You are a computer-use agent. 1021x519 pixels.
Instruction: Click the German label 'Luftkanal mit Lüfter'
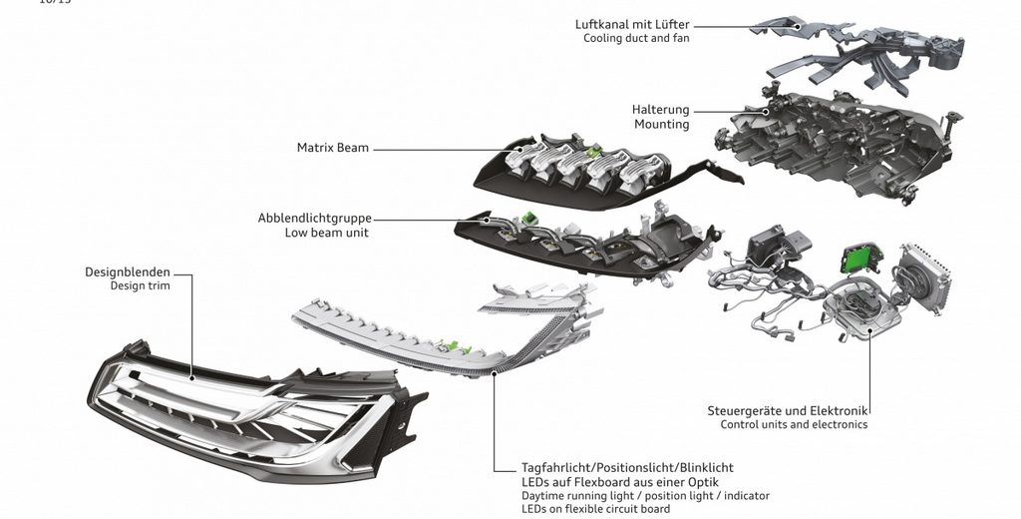[x=632, y=24]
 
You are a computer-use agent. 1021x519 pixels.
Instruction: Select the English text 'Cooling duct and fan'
[x=636, y=39]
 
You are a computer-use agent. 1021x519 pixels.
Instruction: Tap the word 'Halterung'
[x=660, y=110]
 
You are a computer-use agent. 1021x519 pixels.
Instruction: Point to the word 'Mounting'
[x=662, y=125]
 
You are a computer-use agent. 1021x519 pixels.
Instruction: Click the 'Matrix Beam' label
[x=333, y=148]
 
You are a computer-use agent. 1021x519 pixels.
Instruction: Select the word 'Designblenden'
[x=128, y=270]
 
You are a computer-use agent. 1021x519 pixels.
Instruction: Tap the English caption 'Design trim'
[x=141, y=285]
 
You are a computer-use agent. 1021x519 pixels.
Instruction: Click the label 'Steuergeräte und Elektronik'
[x=787, y=410]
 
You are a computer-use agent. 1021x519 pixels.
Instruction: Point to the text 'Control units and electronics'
[x=794, y=425]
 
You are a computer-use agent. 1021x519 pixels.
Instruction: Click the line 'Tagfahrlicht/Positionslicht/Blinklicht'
[x=627, y=467]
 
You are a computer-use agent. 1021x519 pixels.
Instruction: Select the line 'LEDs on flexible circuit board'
[x=596, y=509]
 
